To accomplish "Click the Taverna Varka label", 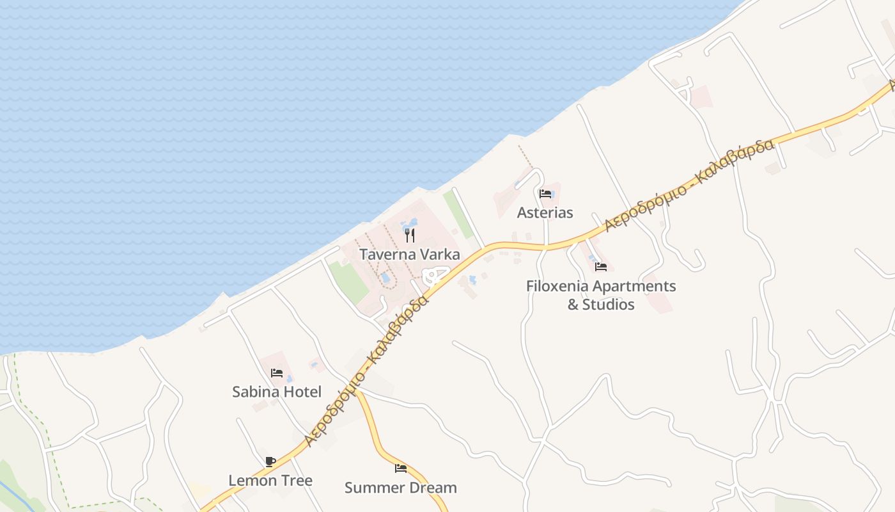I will [409, 254].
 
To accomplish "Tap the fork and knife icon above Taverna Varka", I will [410, 236].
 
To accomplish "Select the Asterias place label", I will [545, 212].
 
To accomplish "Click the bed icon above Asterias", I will [545, 194].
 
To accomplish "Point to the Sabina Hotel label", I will [276, 392].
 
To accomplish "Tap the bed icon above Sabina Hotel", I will [277, 373].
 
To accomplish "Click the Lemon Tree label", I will [270, 481].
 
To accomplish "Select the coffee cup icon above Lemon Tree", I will [270, 461].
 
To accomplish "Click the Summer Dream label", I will [400, 488].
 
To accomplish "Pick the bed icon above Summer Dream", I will [401, 468].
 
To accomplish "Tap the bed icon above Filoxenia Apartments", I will [601, 267].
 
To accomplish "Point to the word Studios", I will [608, 305].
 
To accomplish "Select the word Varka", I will [440, 254].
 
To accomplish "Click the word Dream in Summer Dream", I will [435, 488].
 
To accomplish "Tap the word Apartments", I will [635, 286].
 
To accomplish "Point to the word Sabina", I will [255, 392].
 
